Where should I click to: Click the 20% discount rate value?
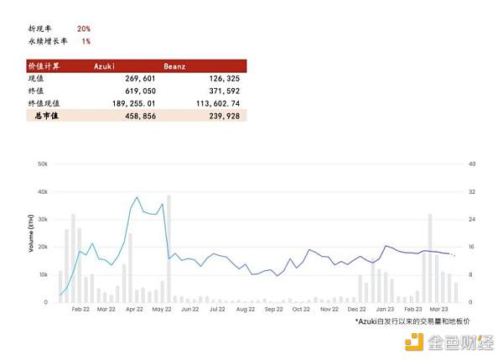(85, 28)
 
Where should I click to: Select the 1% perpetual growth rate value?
(86, 40)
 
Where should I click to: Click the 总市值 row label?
(47, 116)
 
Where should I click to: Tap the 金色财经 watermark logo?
(449, 342)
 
